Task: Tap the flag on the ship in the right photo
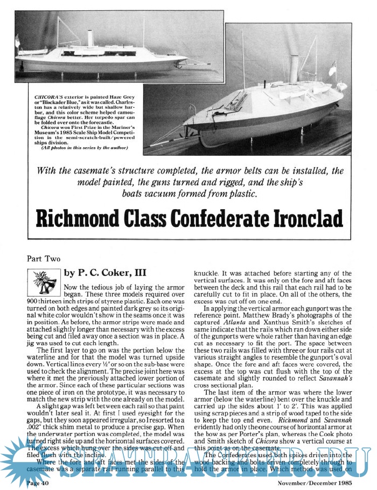[x=332, y=66]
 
